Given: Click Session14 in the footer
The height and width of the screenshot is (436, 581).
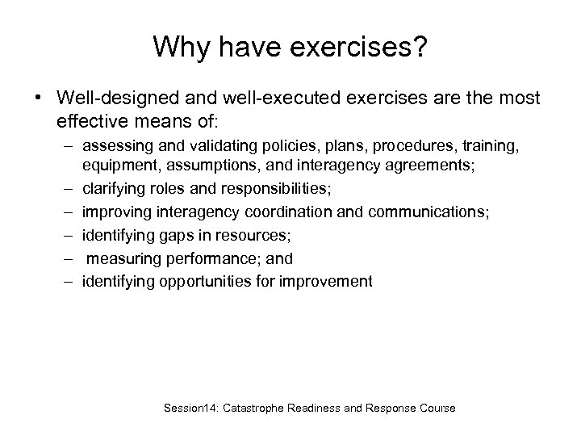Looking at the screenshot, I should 189,408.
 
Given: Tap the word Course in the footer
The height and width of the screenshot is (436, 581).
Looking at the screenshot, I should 437,408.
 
